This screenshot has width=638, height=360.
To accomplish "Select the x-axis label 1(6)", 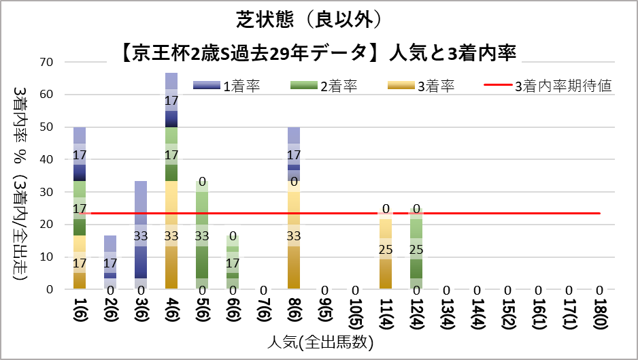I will click(80, 312).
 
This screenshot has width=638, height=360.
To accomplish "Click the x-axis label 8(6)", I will click(294, 312).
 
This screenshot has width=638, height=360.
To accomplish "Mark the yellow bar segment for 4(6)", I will click(171, 235).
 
